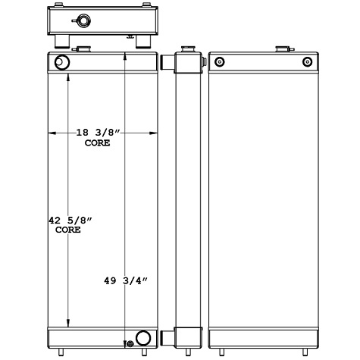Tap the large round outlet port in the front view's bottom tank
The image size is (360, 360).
pyautogui.click(x=142, y=338)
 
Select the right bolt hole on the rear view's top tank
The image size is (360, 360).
pyautogui.click(x=307, y=62)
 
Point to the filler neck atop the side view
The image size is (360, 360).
pyautogui.click(x=185, y=51)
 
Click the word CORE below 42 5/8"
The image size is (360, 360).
pyautogui.click(x=69, y=230)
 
